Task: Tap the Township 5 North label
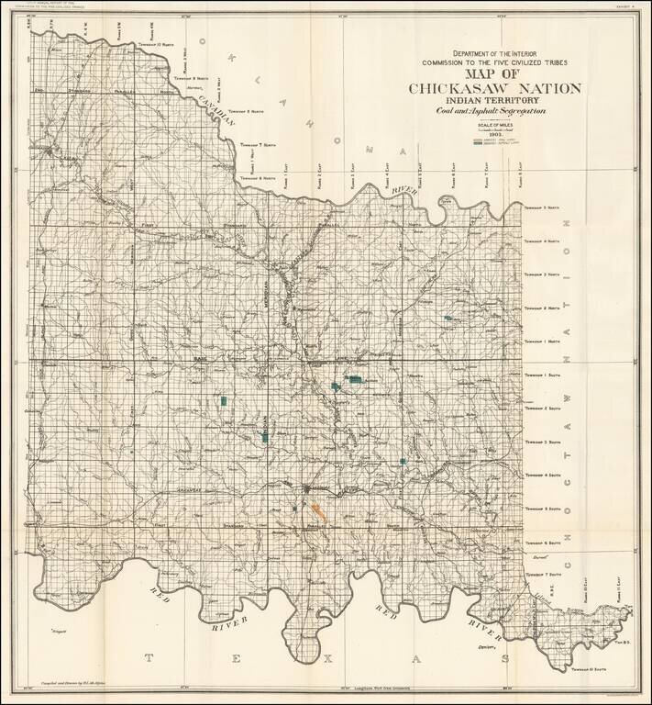pyautogui.click(x=540, y=208)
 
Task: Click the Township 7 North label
pyautogui.click(x=260, y=145)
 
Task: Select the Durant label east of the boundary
pyautogui.click(x=537, y=556)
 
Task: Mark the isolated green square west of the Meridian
pyautogui.click(x=223, y=400)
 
